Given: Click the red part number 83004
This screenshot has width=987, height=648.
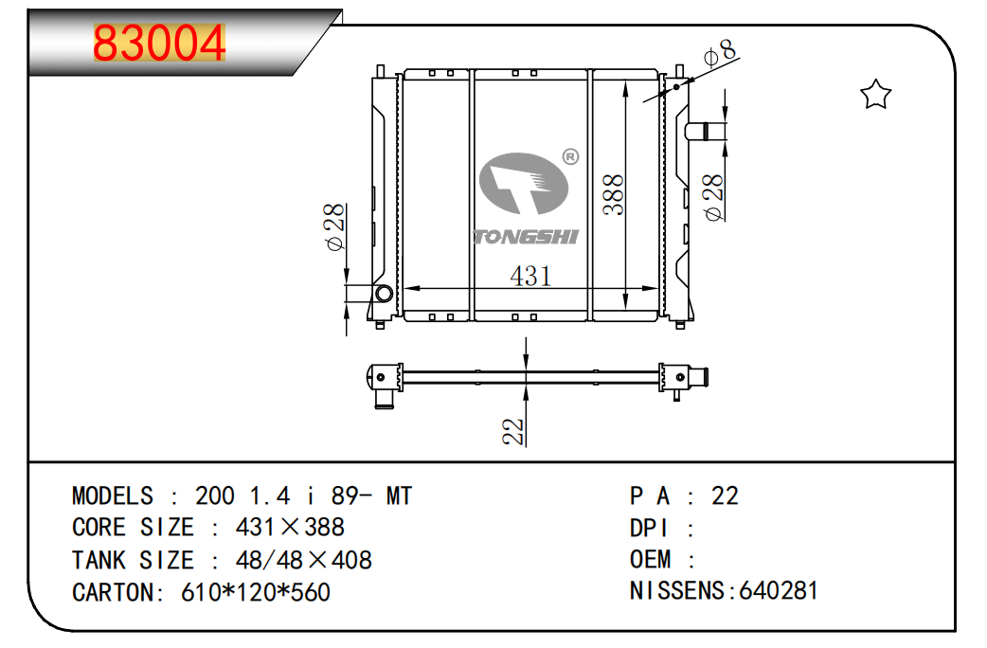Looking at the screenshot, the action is (158, 43).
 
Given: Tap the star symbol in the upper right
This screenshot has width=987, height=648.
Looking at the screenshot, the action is (875, 95).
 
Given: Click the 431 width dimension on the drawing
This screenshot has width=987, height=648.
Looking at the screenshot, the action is (530, 276).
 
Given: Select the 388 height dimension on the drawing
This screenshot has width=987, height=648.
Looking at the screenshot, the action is (613, 195).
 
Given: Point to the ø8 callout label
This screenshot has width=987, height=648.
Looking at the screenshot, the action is (720, 53).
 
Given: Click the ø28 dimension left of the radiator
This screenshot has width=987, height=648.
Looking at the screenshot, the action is (335, 227).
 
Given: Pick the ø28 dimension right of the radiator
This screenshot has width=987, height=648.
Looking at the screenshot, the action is (713, 198).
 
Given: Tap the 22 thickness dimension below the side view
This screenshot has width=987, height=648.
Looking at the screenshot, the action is (513, 431).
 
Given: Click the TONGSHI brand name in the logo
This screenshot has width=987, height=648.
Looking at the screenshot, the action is (526, 237).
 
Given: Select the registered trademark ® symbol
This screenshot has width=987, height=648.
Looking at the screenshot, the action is (570, 156).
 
